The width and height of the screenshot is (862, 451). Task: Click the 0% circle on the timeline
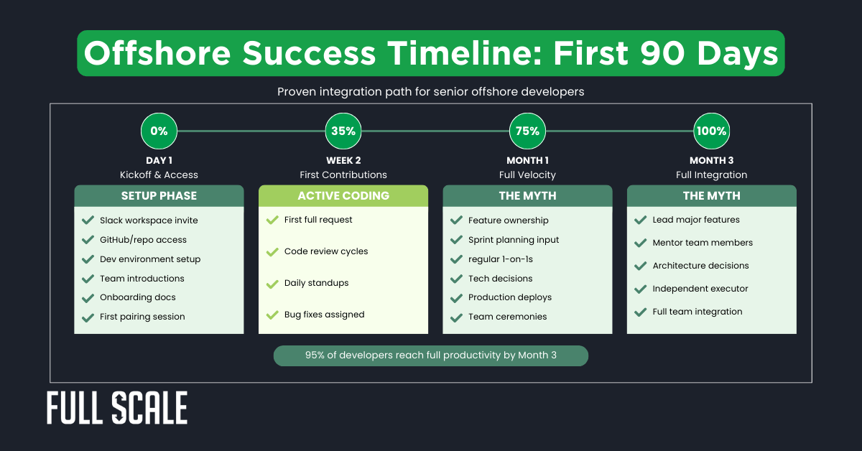click(x=159, y=131)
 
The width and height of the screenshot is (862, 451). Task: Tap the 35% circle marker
click(x=343, y=131)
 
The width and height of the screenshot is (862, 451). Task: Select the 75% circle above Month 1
click(x=527, y=131)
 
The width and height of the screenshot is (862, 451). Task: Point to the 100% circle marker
click(x=711, y=131)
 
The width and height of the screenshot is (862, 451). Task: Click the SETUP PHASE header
click(x=159, y=196)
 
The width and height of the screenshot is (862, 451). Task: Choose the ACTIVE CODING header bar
click(x=343, y=196)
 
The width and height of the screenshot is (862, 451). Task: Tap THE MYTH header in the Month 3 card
click(x=711, y=196)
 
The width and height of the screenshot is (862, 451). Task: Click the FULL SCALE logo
click(x=117, y=409)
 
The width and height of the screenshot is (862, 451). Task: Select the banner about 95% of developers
click(x=430, y=355)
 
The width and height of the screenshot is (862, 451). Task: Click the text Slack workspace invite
click(x=149, y=220)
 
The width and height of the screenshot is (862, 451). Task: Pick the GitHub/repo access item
click(x=143, y=240)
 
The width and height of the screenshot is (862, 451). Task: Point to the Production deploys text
click(x=510, y=297)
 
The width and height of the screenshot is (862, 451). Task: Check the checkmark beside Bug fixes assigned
click(x=272, y=315)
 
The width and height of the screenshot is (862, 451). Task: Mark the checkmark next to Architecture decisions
click(x=639, y=266)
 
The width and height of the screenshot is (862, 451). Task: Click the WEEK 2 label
click(x=343, y=161)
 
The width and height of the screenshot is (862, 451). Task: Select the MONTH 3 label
click(x=711, y=161)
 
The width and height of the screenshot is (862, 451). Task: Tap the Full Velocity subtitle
click(x=527, y=175)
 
